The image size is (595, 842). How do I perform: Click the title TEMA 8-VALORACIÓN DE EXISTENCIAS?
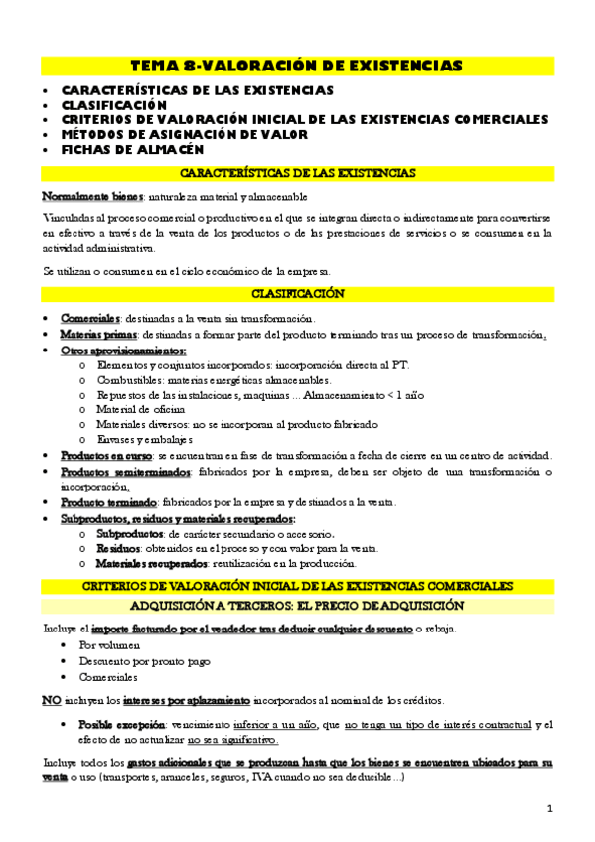[x=296, y=67]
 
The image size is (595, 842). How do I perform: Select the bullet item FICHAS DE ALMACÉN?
[x=132, y=150]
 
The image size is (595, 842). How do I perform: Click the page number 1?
[x=549, y=808]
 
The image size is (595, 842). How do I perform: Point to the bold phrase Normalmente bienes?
[x=85, y=197]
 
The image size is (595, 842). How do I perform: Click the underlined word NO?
[x=52, y=699]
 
